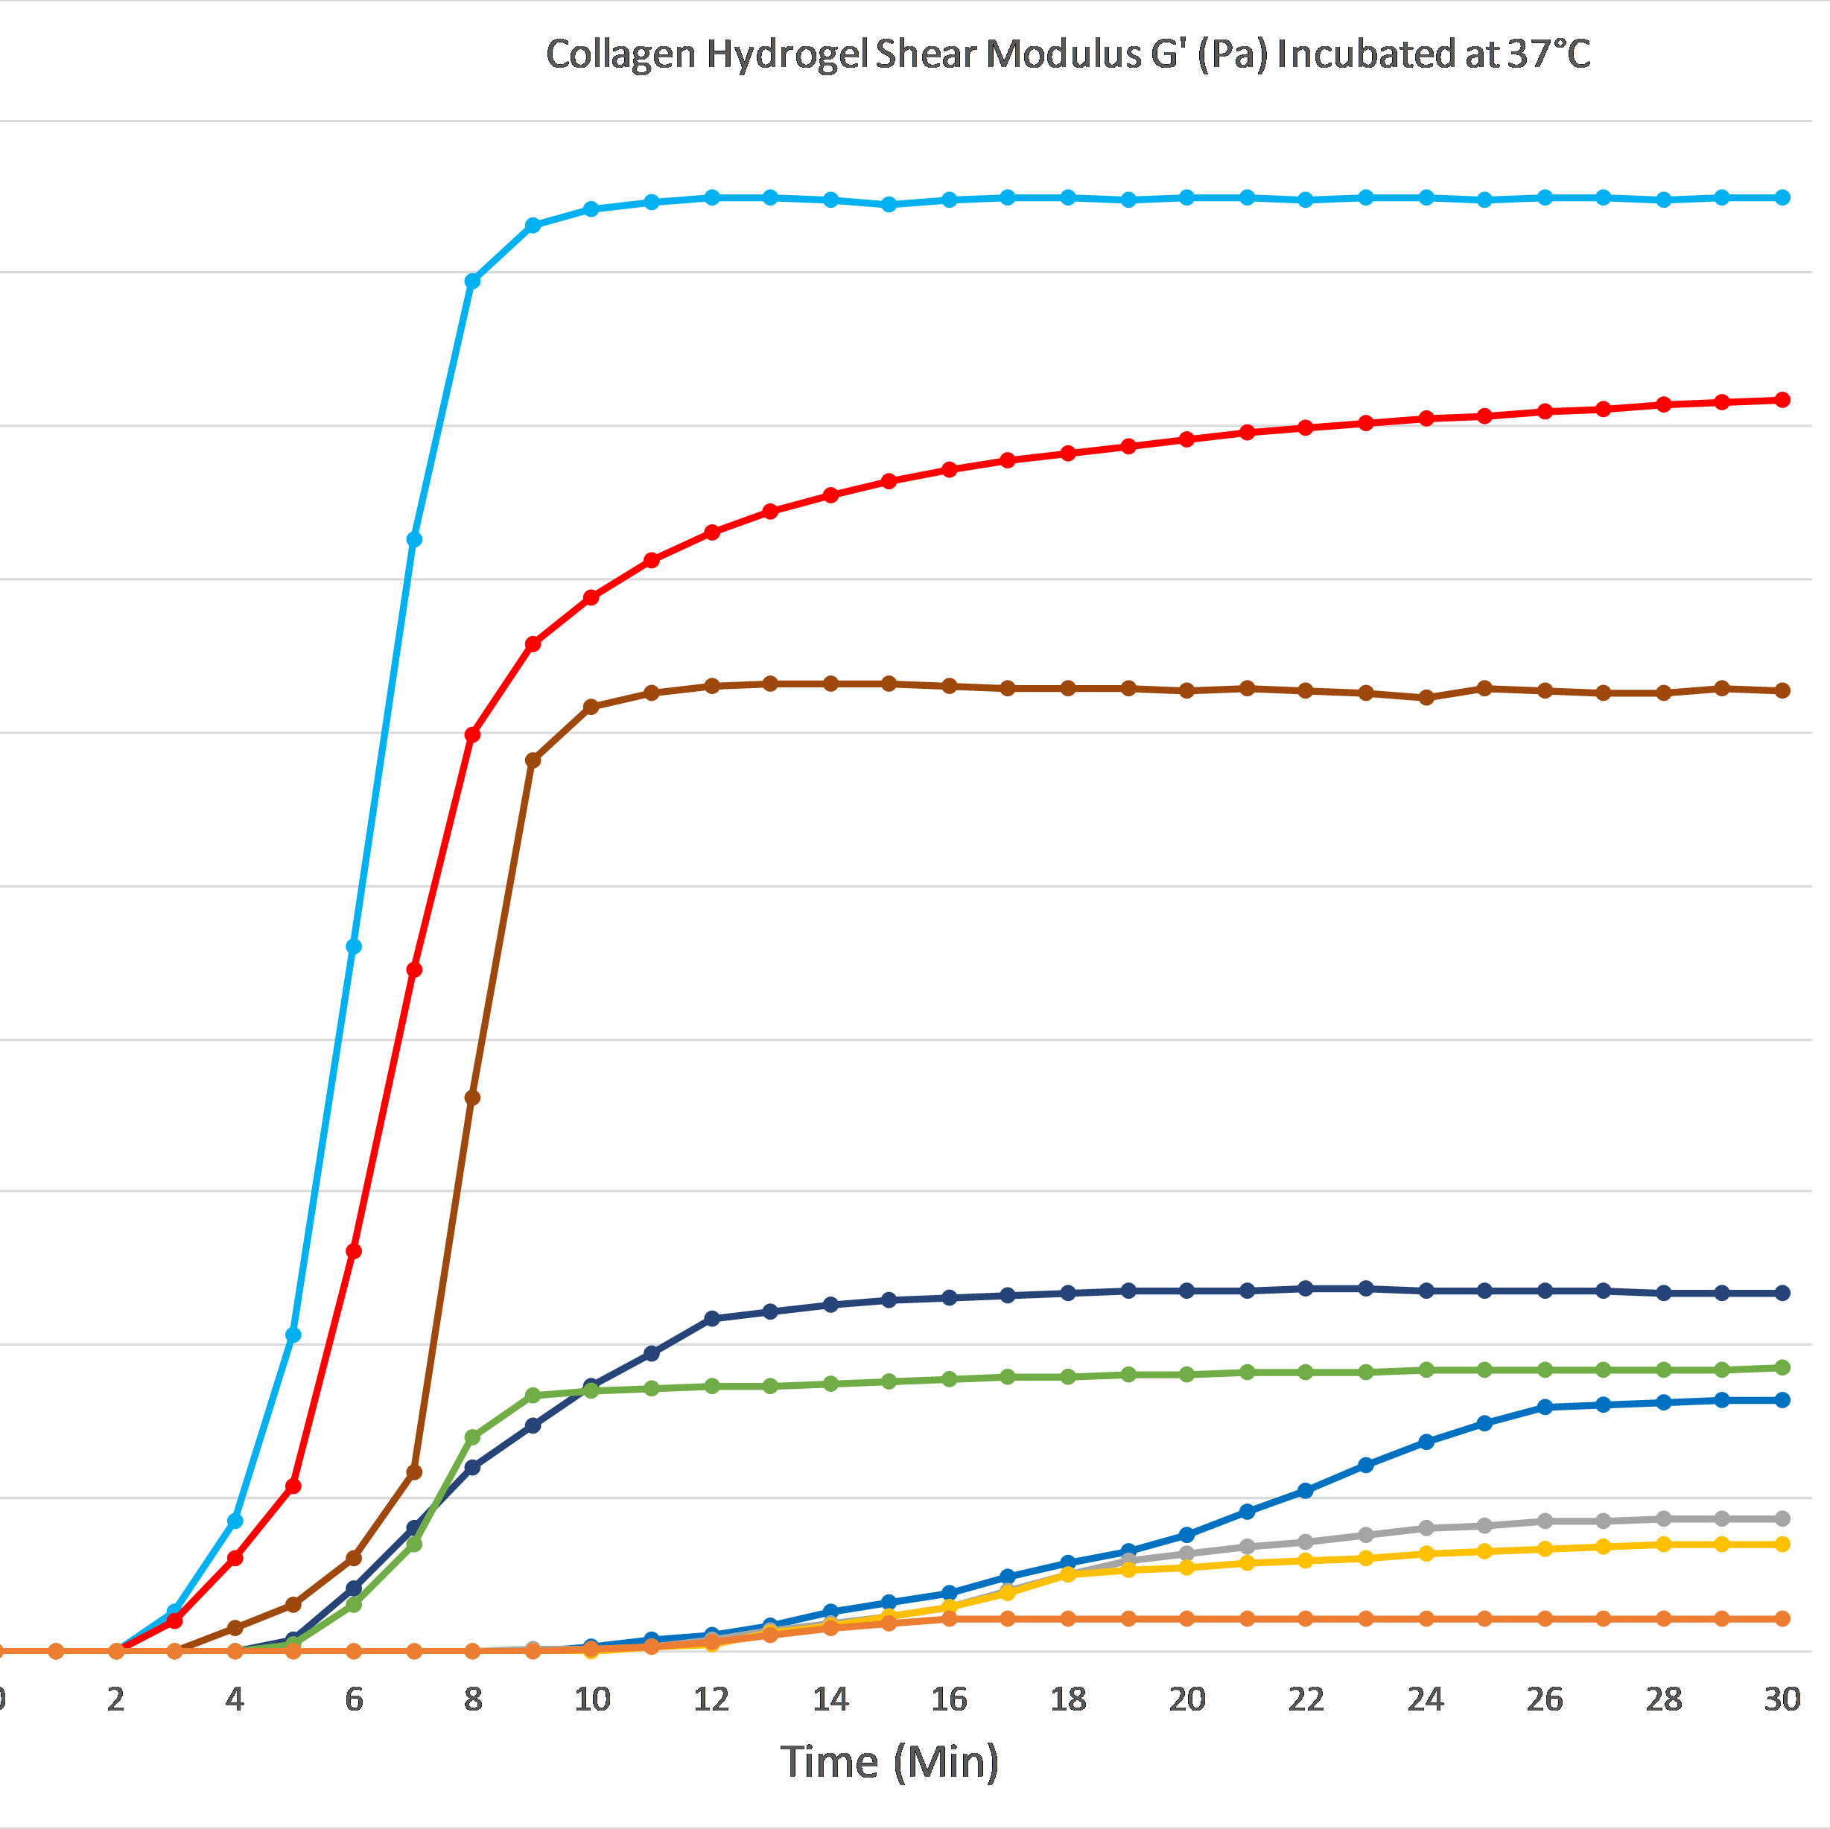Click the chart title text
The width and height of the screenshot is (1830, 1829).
click(x=1067, y=54)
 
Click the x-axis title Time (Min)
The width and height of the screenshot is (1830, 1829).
click(x=889, y=1762)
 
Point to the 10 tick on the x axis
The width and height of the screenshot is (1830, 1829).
click(x=592, y=1699)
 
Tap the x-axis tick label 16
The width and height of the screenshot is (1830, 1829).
click(x=949, y=1699)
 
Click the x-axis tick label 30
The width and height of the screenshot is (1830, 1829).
click(x=1782, y=1699)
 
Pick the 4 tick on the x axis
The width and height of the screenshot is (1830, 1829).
click(x=235, y=1699)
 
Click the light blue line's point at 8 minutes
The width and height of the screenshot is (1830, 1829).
click(x=473, y=281)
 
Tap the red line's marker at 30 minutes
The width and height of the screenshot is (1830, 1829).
click(x=1782, y=400)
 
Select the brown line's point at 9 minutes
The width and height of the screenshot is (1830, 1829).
click(x=533, y=760)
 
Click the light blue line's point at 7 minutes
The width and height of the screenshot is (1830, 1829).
click(x=414, y=540)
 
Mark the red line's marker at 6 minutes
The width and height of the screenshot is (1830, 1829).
click(x=353, y=1252)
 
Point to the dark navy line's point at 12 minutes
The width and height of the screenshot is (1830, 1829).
click(x=712, y=1318)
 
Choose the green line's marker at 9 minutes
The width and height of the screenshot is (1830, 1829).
click(x=533, y=1395)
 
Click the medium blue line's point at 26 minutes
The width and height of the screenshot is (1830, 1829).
click(x=1545, y=1407)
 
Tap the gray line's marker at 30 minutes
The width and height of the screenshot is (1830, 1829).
click(x=1782, y=1518)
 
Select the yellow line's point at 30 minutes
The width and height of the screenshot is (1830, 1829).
click(x=1782, y=1544)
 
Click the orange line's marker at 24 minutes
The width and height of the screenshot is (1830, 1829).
click(x=1426, y=1619)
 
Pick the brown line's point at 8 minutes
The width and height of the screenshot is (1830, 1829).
click(x=473, y=1098)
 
